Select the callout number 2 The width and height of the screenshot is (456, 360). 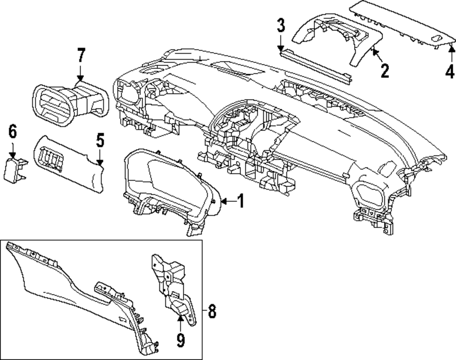click(384, 71)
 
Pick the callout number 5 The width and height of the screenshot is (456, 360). click(100, 140)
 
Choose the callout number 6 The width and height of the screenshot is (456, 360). click(12, 133)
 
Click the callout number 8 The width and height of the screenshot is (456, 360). click(211, 312)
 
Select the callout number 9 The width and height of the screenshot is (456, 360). click(181, 339)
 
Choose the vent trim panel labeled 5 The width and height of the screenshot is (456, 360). click(68, 164)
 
